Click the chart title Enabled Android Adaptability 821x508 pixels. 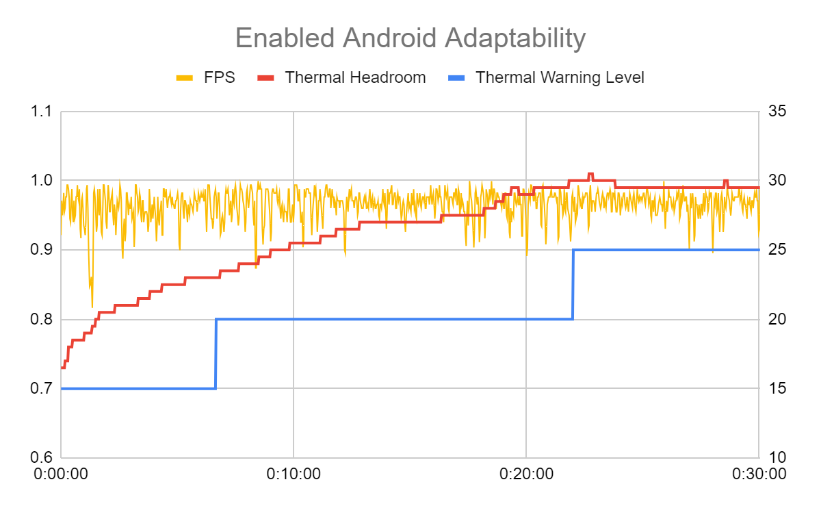click(410, 38)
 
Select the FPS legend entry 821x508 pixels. click(206, 77)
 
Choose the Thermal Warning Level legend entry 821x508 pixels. click(548, 77)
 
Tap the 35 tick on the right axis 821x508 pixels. click(777, 111)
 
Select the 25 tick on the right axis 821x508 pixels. click(777, 250)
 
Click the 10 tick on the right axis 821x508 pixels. click(777, 457)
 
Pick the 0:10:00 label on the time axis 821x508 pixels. click(294, 474)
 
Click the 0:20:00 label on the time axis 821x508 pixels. click(526, 474)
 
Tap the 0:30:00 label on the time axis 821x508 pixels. click(759, 474)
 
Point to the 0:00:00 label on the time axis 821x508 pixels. click(62, 474)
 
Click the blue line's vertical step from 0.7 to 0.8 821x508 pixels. click(216, 354)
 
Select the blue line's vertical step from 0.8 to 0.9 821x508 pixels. click(573, 285)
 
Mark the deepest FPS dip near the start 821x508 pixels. click(92, 306)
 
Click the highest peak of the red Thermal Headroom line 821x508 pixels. click(590, 174)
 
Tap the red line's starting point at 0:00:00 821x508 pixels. click(62, 368)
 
